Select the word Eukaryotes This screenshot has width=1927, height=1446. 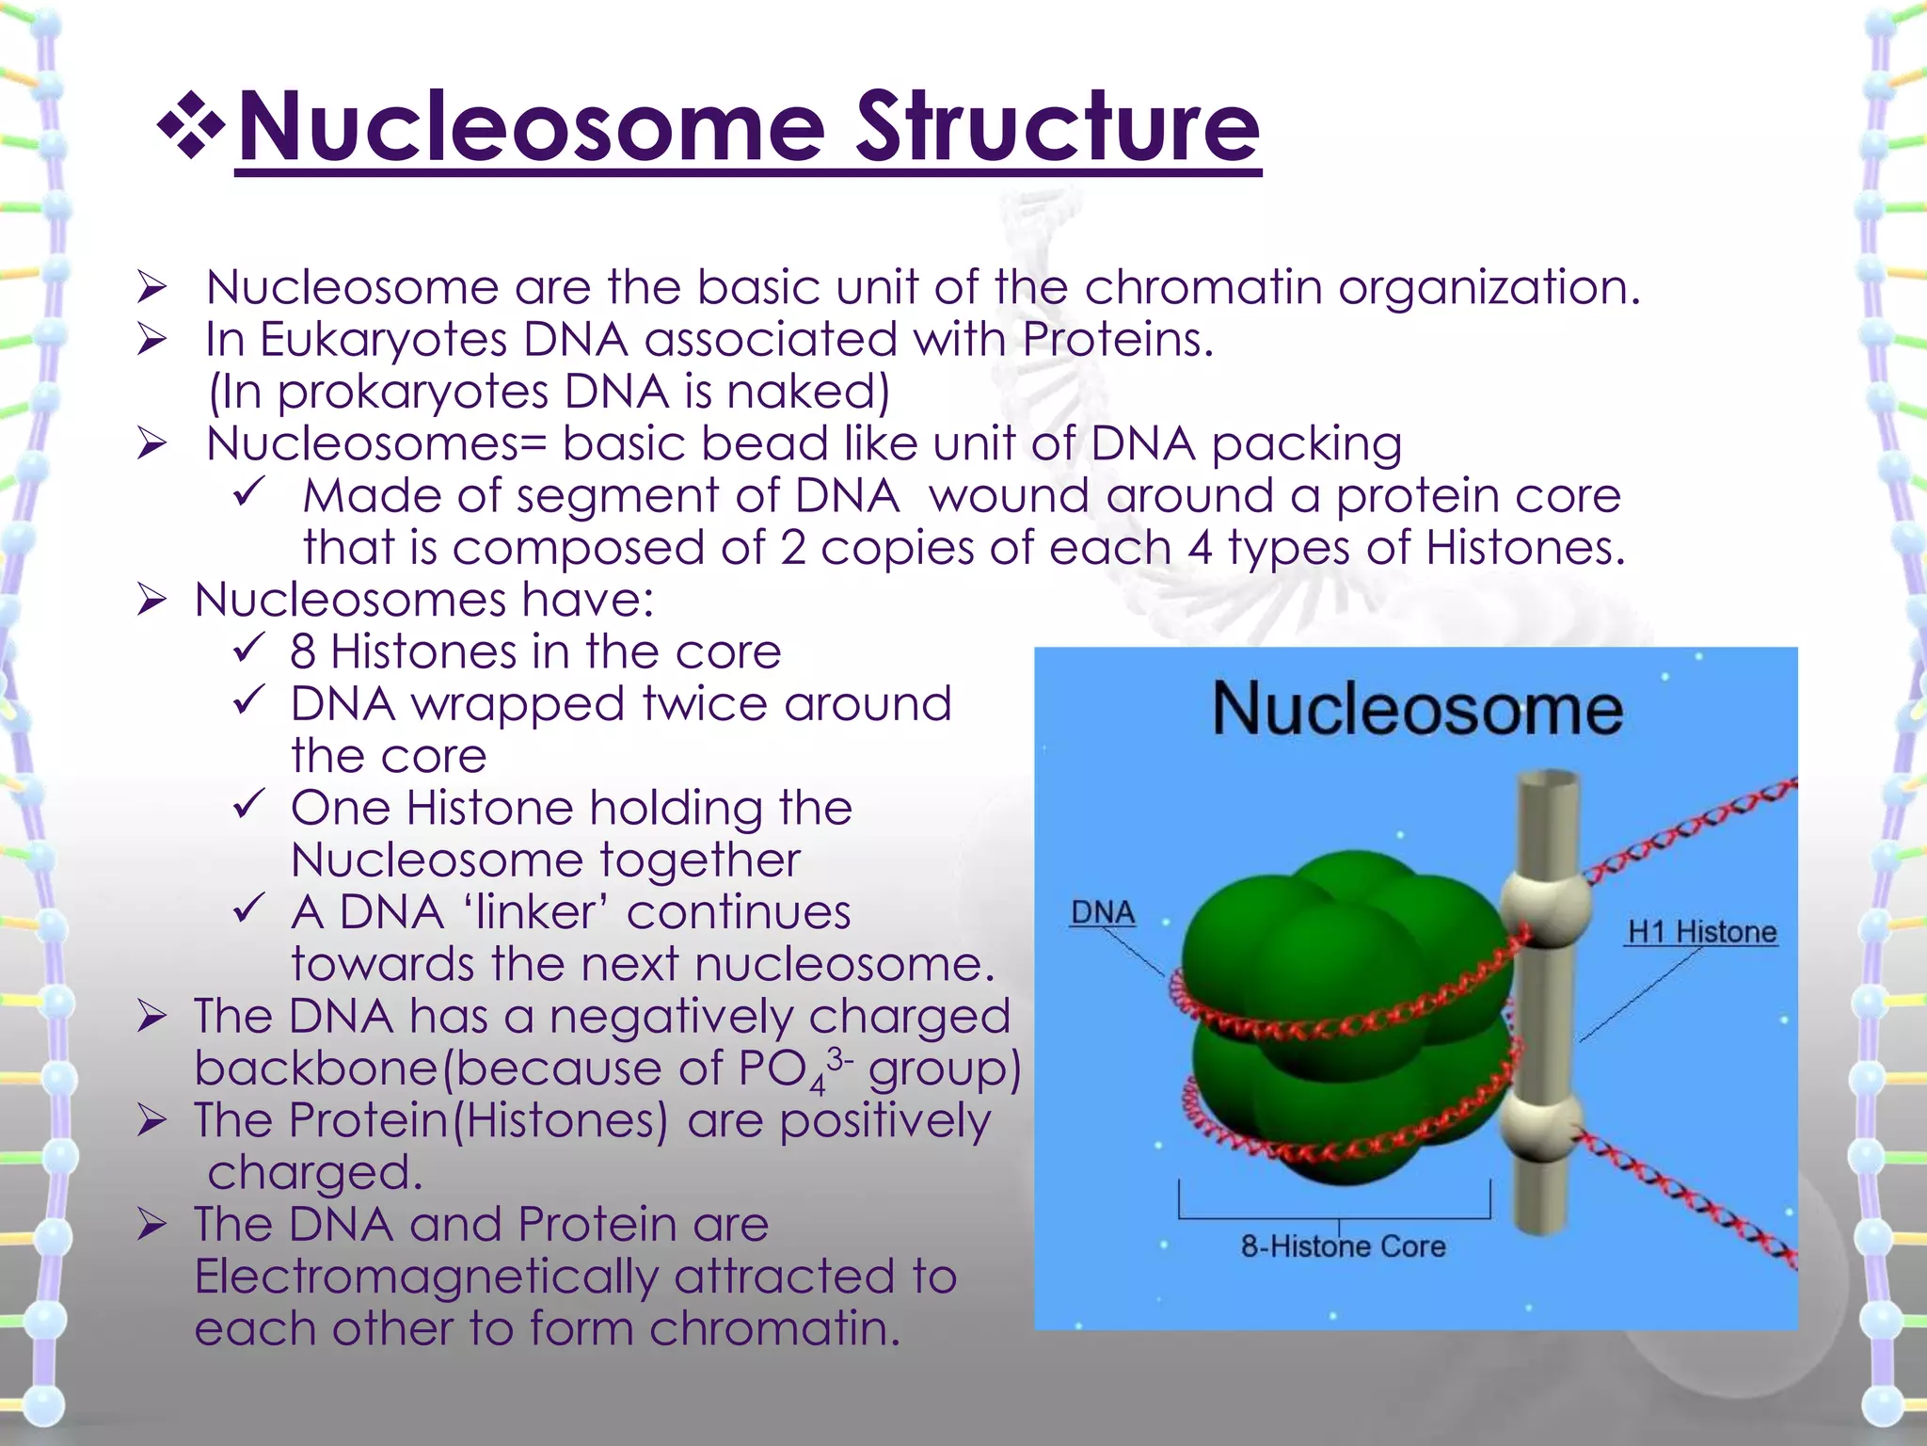[383, 340]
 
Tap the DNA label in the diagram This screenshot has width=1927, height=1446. [1103, 912]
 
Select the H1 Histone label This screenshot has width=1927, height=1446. [1701, 932]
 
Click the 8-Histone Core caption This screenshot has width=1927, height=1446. [1343, 1246]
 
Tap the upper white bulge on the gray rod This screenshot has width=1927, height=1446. [1545, 904]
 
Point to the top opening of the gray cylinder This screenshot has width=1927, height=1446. [1547, 779]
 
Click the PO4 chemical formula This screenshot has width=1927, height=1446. [795, 1070]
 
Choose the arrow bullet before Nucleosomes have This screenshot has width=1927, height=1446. [151, 600]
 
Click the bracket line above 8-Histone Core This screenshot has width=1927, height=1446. [1334, 1217]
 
